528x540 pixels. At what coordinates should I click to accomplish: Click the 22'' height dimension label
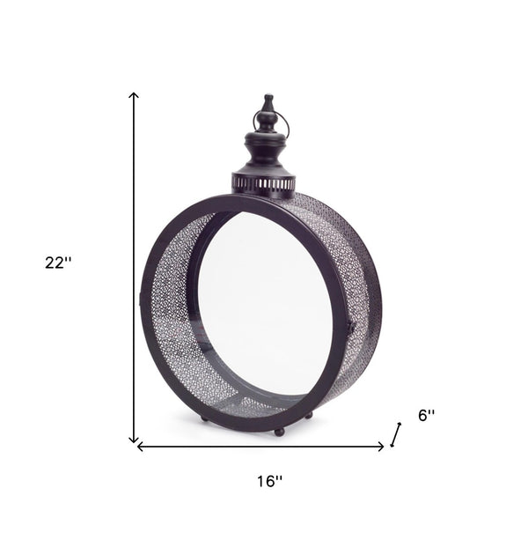point(58,263)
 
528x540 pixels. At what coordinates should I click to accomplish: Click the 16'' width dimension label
point(270,482)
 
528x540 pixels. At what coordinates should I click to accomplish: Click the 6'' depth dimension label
point(427,415)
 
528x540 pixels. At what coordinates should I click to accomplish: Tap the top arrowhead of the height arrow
point(134,95)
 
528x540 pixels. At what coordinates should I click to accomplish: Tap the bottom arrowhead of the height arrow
point(134,440)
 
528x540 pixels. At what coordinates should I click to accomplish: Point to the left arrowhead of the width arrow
point(140,447)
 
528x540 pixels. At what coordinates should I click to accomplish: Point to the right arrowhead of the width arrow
point(380,447)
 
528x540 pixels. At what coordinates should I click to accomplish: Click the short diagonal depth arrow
point(396,434)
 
